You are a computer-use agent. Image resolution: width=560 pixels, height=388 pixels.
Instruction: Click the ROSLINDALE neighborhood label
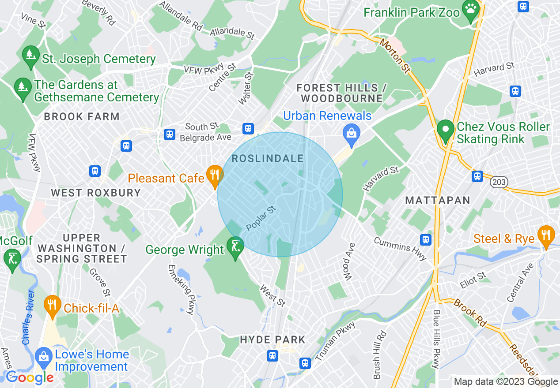click(268, 159)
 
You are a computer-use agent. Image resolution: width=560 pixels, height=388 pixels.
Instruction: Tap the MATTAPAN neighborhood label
click(438, 201)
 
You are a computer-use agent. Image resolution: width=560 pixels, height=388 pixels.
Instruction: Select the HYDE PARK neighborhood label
click(272, 339)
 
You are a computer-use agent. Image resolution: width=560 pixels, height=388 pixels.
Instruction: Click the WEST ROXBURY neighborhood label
click(96, 193)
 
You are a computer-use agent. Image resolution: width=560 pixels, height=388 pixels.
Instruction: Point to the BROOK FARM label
click(82, 117)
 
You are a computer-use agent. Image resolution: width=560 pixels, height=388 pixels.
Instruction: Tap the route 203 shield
click(499, 182)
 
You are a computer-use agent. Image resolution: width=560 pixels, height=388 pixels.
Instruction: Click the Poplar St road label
click(261, 218)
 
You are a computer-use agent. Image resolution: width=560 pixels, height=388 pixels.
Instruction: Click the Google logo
click(30, 377)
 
